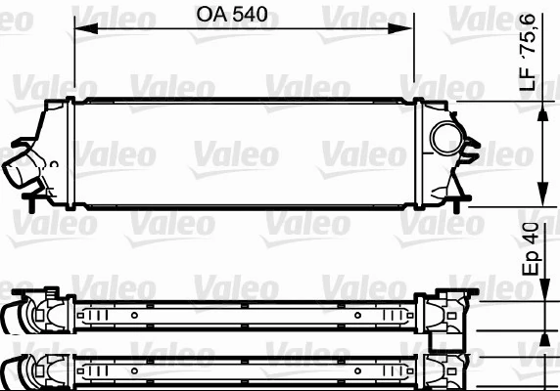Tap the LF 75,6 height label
(x=529, y=62)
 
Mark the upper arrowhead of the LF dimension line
(x=544, y=109)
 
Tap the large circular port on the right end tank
(x=448, y=138)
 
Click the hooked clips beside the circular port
(x=473, y=150)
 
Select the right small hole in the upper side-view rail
(x=358, y=317)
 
